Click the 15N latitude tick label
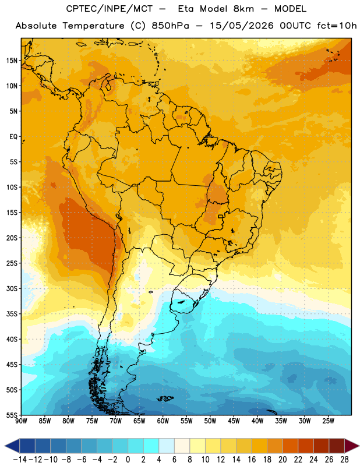[12, 61]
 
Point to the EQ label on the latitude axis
[13, 137]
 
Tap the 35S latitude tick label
[12, 314]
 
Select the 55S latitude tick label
[12, 415]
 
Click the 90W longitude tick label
[21, 421]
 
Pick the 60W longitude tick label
[163, 421]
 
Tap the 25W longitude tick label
[328, 421]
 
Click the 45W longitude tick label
[234, 421]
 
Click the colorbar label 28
[344, 460]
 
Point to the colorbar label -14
[20, 460]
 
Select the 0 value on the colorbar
[128, 460]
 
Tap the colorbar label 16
[252, 460]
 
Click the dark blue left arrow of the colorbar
[12, 446]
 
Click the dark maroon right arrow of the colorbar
[352, 446]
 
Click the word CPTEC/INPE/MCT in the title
[110, 9]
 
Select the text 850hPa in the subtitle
[170, 26]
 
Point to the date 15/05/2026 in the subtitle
[242, 26]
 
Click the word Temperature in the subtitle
[93, 26]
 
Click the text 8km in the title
[243, 9]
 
